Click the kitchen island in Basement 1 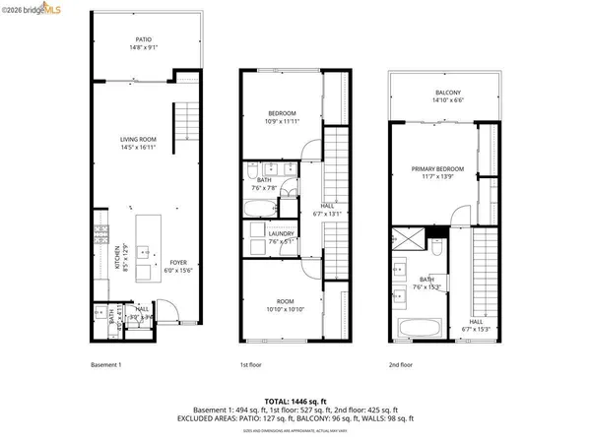click(146, 247)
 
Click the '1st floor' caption click(251, 363)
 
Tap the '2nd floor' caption click(399, 363)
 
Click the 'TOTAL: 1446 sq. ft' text click(295, 400)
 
